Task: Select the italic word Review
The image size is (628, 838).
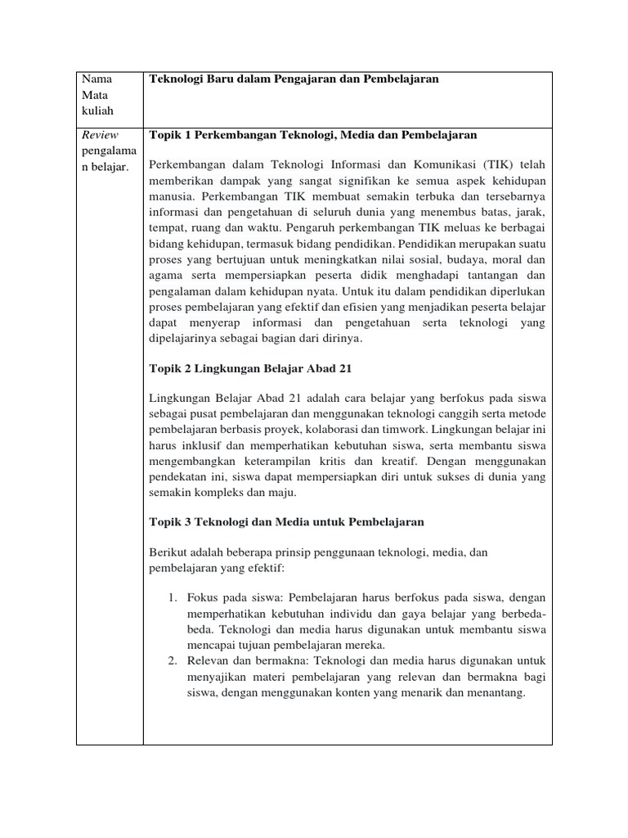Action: (100, 135)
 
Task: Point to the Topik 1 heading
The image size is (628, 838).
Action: (313, 135)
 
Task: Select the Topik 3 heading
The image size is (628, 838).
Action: (286, 521)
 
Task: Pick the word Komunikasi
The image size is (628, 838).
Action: (428, 164)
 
